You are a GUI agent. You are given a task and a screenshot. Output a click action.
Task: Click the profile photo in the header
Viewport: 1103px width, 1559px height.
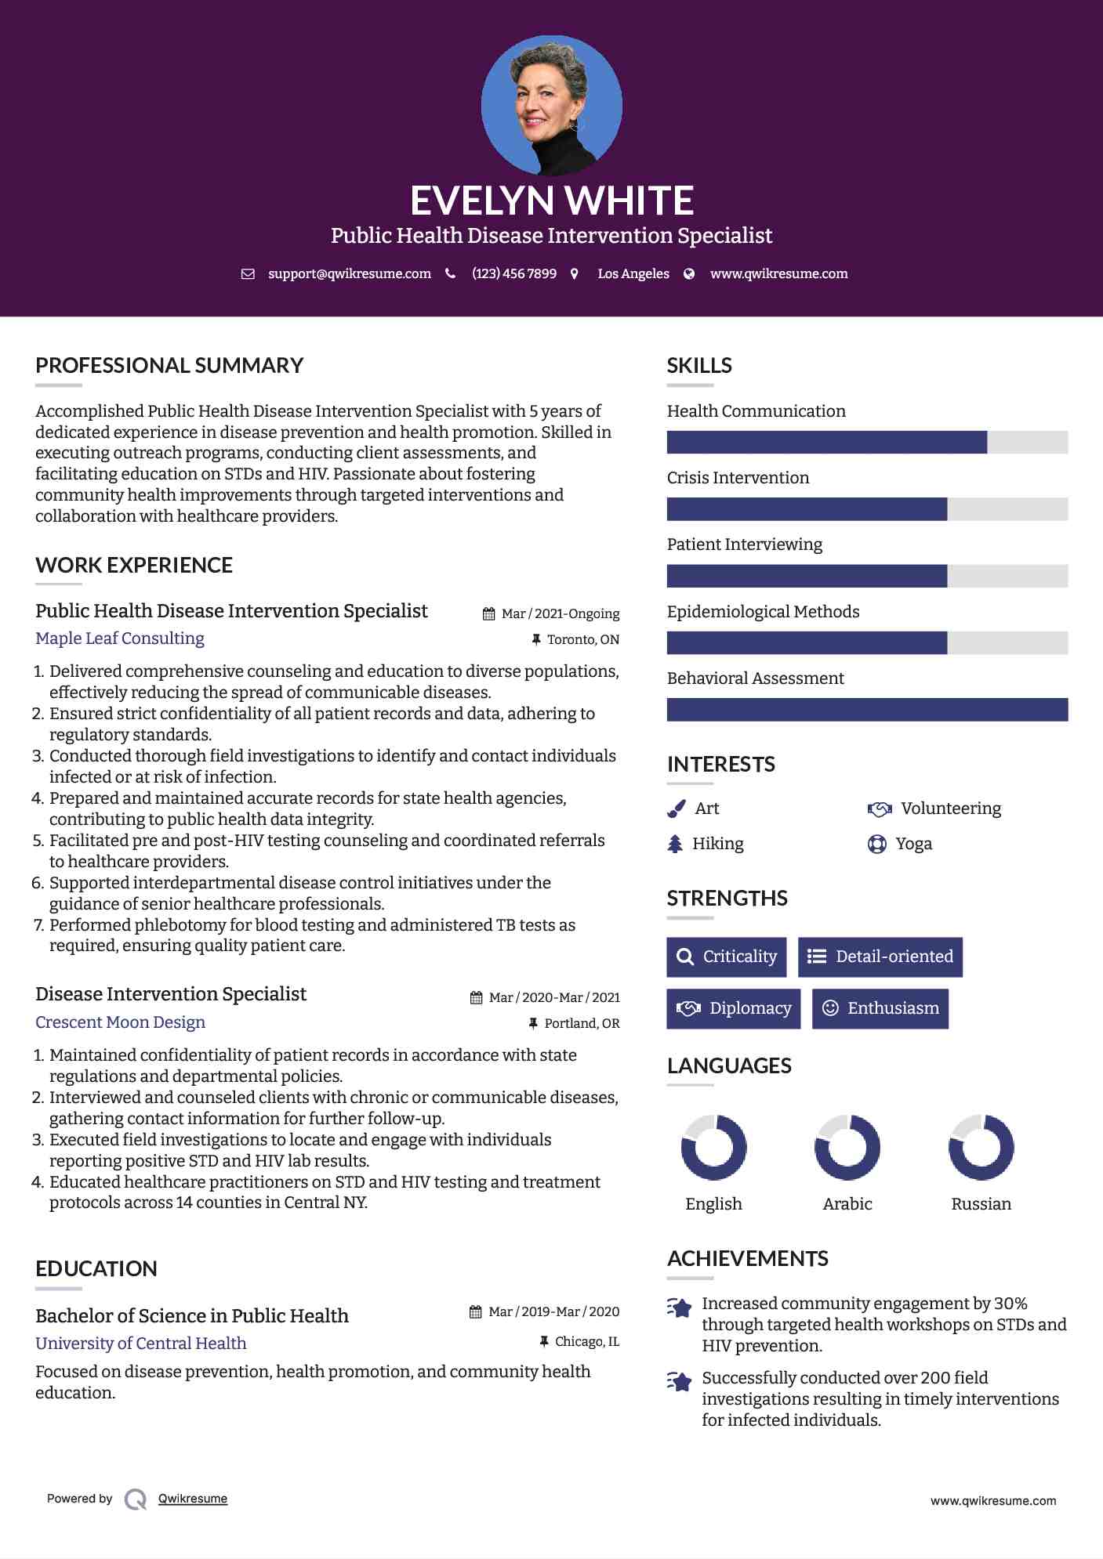551,105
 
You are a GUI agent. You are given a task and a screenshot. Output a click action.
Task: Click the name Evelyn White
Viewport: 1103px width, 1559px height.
552,201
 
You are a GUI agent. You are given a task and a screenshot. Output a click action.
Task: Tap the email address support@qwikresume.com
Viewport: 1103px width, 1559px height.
350,273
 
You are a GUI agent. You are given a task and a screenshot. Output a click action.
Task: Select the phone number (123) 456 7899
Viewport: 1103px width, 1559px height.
514,273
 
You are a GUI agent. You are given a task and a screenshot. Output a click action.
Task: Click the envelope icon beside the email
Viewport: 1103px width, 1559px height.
248,274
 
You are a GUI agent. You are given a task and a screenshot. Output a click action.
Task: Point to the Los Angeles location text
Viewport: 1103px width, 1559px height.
633,273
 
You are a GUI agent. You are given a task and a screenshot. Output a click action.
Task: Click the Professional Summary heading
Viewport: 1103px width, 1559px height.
169,365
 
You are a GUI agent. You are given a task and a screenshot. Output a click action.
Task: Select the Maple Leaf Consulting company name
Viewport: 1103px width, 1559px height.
120,638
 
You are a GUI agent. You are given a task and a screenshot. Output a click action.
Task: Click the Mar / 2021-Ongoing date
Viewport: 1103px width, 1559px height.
561,613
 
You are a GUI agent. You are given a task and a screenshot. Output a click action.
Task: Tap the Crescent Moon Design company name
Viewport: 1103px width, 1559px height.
120,1022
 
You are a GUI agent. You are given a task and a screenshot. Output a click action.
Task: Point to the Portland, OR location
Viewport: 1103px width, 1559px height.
582,1023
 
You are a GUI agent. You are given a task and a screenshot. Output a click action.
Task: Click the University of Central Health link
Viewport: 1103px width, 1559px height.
141,1344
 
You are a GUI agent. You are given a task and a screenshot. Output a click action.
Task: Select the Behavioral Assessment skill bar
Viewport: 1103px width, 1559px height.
867,710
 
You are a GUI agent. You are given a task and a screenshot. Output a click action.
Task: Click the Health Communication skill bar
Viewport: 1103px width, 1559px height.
867,443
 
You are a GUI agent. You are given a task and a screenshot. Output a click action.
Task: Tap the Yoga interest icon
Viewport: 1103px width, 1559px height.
876,844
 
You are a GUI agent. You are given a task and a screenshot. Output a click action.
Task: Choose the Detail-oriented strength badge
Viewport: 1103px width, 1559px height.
880,957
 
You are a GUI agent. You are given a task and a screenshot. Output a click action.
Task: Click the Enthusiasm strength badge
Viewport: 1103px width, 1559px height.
880,1008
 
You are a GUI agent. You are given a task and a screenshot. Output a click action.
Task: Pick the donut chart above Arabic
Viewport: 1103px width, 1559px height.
847,1148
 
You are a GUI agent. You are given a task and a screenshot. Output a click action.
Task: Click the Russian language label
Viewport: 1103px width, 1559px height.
981,1204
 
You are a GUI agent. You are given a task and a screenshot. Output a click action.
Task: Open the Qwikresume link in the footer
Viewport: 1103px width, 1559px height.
193,1499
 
